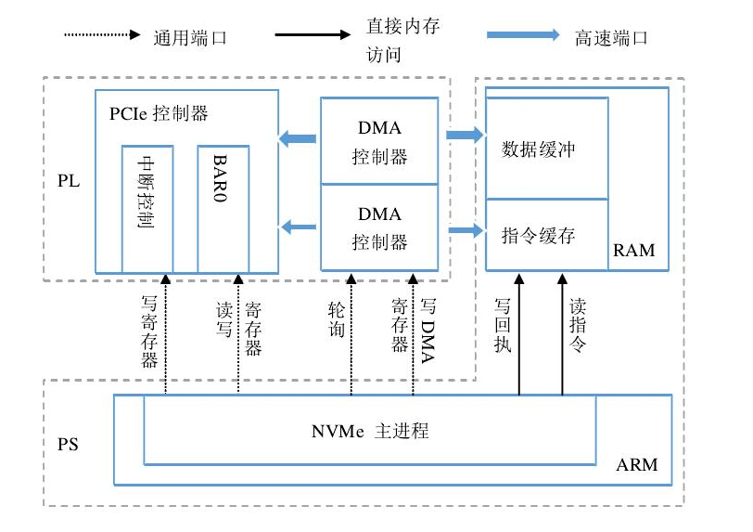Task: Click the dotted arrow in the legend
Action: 102,36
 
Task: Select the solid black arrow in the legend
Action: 313,36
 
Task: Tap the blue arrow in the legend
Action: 523,36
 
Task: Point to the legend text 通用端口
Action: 190,38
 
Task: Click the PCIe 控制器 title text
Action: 159,114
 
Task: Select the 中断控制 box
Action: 147,209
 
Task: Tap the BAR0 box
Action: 223,209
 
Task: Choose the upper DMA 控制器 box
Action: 379,139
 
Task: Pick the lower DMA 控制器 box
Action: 379,227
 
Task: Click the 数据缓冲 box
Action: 547,149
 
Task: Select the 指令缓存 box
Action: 547,235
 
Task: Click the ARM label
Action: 636,464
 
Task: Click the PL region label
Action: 68,180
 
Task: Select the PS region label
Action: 68,444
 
